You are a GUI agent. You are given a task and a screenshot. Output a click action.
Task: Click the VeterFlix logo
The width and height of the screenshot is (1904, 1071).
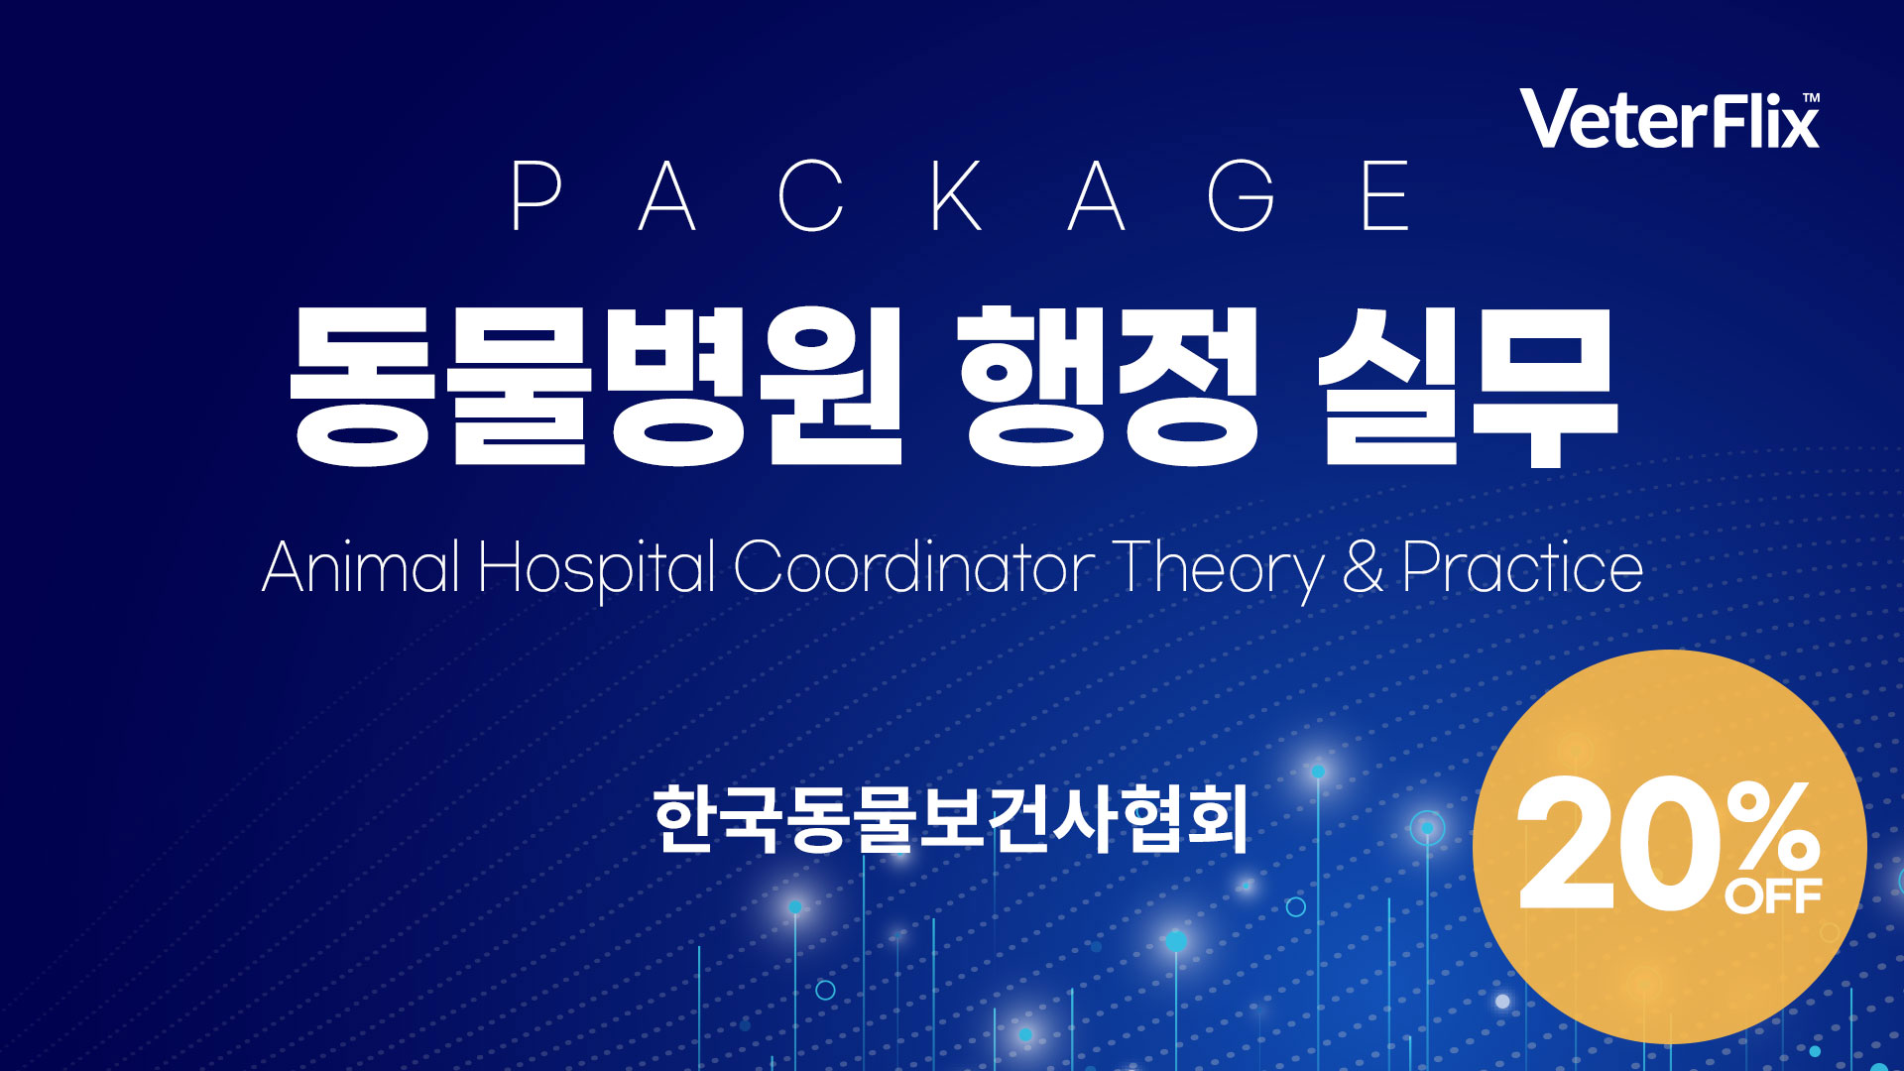pos(1670,120)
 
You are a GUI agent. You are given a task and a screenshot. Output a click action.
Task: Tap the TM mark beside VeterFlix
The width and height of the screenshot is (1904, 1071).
pos(1811,98)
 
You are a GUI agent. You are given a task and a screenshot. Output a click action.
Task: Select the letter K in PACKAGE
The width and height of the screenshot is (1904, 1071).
pos(957,195)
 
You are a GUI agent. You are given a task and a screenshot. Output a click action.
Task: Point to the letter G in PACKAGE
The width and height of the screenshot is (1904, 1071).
pos(1241,195)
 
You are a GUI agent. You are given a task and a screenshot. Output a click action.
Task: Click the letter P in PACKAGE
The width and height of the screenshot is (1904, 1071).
pos(536,195)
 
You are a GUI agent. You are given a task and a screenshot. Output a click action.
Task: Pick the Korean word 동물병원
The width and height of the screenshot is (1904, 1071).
pos(596,386)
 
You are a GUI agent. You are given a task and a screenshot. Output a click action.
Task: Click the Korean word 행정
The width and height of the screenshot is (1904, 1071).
pos(1109,386)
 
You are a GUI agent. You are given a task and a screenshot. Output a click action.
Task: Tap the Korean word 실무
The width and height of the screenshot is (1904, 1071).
pos(1468,386)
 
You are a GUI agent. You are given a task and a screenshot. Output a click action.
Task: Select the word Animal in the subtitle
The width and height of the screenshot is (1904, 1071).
pos(361,566)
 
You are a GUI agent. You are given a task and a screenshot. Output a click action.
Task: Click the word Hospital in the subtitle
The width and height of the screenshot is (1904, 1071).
pos(597,569)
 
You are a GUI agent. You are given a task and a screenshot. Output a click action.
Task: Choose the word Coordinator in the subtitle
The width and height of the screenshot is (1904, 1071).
pos(914,566)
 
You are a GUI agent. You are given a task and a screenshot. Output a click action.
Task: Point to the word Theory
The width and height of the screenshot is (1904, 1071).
pos(1218,570)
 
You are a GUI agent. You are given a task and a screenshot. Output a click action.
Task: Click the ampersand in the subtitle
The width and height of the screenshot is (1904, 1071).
pos(1364,567)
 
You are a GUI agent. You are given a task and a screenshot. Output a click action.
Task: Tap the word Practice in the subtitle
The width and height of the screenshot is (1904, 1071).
pos(1523,566)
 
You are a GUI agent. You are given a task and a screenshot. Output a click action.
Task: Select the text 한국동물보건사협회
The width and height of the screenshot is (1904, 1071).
pos(950,819)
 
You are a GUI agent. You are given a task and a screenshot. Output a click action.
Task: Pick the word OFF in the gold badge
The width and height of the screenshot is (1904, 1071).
pos(1773,897)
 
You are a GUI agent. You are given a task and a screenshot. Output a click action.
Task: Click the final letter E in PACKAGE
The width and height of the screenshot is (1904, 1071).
pos(1385,195)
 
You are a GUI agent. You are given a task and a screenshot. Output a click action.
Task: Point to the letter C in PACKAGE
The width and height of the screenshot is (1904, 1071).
pos(811,195)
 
